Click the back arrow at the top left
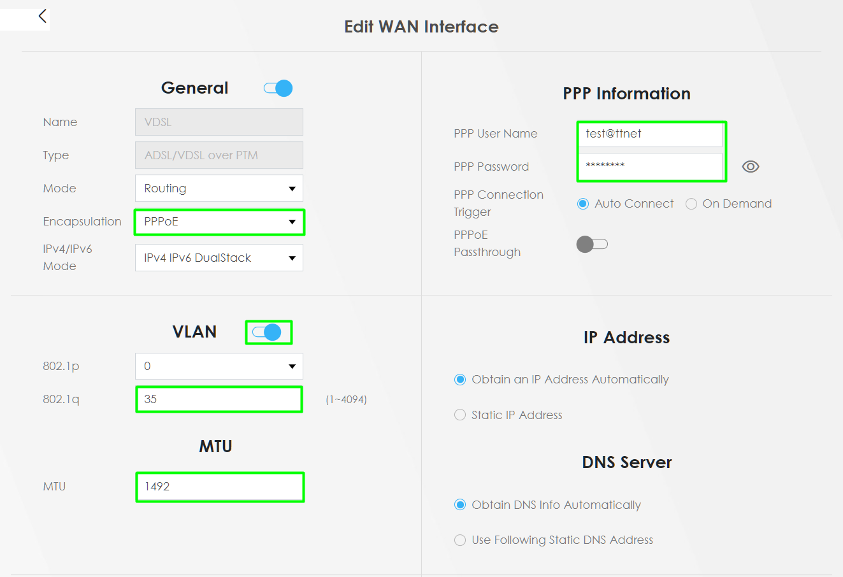43,16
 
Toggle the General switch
278,89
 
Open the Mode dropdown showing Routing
219,188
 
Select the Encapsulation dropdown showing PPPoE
219,222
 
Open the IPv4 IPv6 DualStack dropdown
219,258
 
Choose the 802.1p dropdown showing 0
219,366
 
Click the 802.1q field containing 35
219,399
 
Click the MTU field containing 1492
220,487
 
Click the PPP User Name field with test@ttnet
651,134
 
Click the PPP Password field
651,166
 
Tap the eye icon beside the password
751,166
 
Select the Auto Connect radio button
583,204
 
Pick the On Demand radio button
691,204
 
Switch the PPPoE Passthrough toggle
592,244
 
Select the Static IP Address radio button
460,415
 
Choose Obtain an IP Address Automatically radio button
460,380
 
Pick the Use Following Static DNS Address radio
460,540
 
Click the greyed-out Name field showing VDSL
219,122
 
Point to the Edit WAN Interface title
422,27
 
